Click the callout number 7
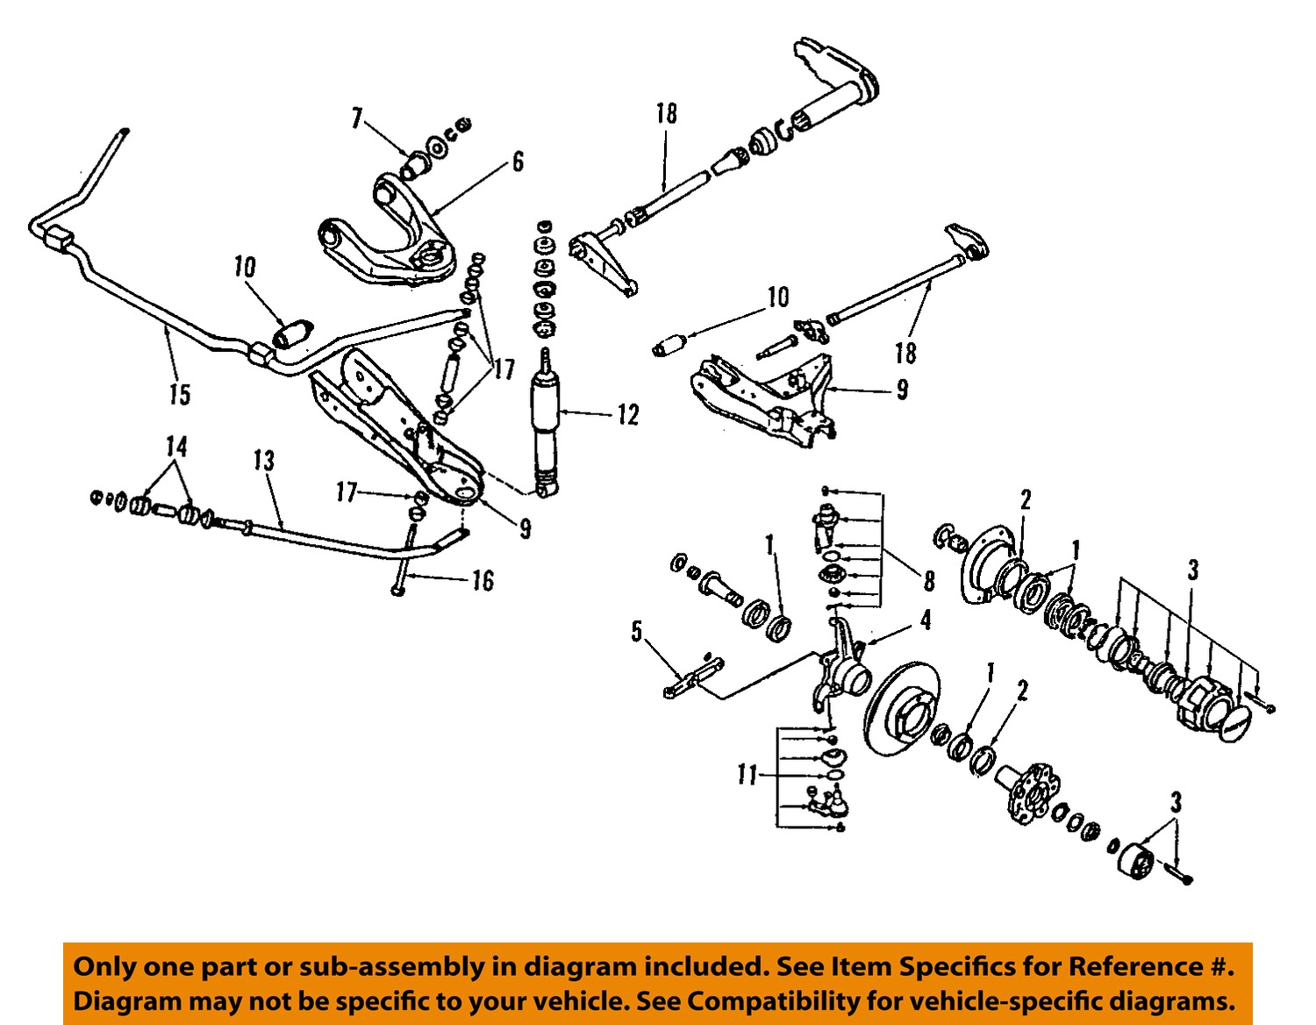click(x=356, y=118)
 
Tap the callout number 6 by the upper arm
click(x=518, y=161)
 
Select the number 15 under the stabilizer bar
click(x=179, y=394)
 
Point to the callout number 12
click(x=628, y=415)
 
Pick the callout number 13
click(x=263, y=461)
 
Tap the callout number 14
click(x=176, y=447)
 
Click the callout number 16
click(x=483, y=581)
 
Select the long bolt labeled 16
click(x=404, y=562)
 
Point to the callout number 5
click(x=637, y=632)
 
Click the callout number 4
click(x=926, y=620)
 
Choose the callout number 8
click(x=928, y=581)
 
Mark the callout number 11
click(x=747, y=775)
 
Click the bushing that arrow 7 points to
click(x=415, y=164)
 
